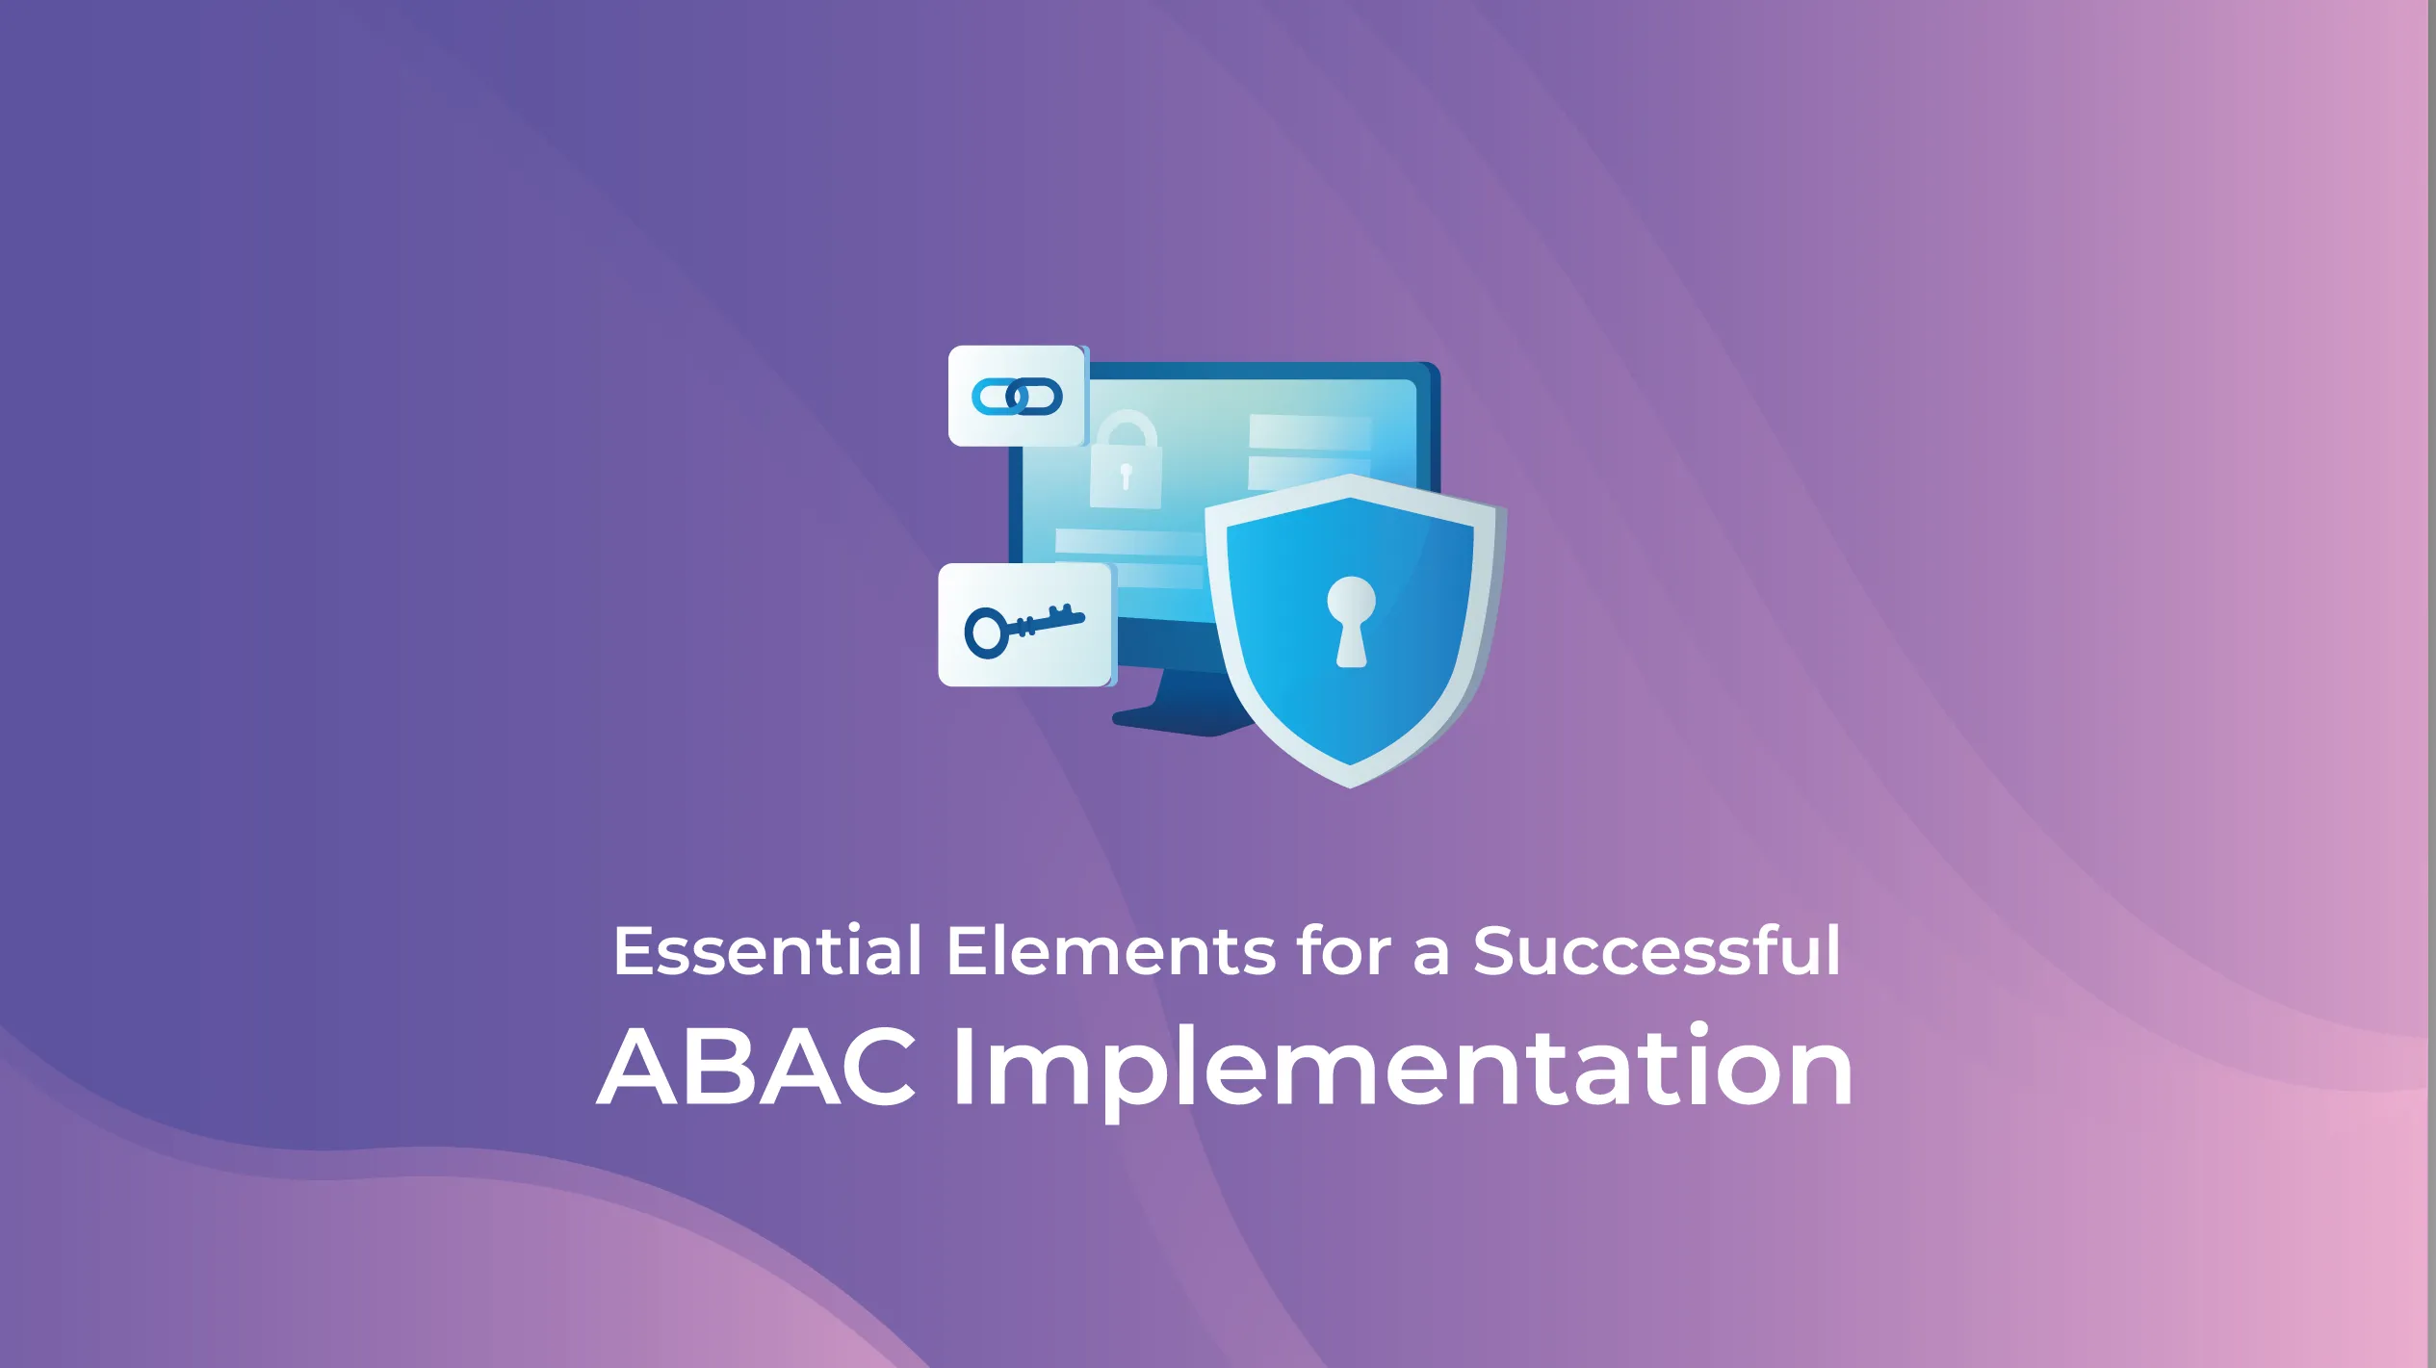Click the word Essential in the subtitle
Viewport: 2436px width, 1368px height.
click(x=767, y=950)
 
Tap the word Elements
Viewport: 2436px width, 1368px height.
click(x=1109, y=950)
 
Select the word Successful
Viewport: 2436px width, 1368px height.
click(x=1656, y=950)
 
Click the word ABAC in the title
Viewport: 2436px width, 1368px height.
click(x=757, y=1066)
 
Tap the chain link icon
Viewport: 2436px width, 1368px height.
click(x=1017, y=397)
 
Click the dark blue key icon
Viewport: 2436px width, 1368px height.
click(x=1024, y=631)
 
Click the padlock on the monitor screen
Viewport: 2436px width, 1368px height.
click(x=1126, y=459)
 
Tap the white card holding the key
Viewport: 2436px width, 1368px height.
click(x=1026, y=625)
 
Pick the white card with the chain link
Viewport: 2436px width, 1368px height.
click(x=1017, y=396)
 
